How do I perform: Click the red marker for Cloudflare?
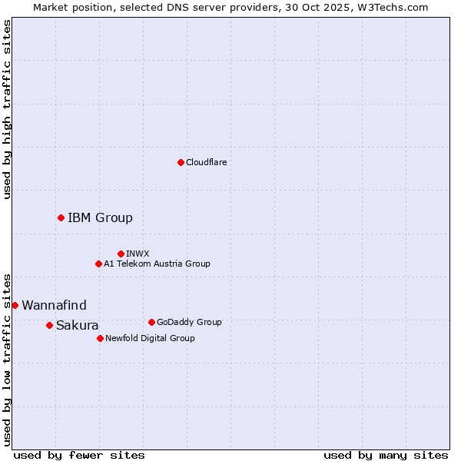181,162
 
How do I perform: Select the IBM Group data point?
61,217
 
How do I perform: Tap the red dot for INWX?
121,254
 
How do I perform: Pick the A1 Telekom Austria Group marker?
98,264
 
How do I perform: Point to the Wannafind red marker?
15,305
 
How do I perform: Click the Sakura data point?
49,325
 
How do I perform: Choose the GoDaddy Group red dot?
151,322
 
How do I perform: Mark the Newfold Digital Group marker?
100,338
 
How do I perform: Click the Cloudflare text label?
206,162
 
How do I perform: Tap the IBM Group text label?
100,217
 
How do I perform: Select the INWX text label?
138,254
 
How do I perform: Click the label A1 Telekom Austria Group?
157,264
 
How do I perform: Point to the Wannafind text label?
54,305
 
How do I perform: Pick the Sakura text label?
77,325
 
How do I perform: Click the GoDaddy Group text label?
188,322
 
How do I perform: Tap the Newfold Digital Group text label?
150,338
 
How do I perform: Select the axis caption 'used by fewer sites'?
79,455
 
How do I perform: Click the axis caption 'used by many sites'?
386,455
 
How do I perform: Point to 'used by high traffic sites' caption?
7,109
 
